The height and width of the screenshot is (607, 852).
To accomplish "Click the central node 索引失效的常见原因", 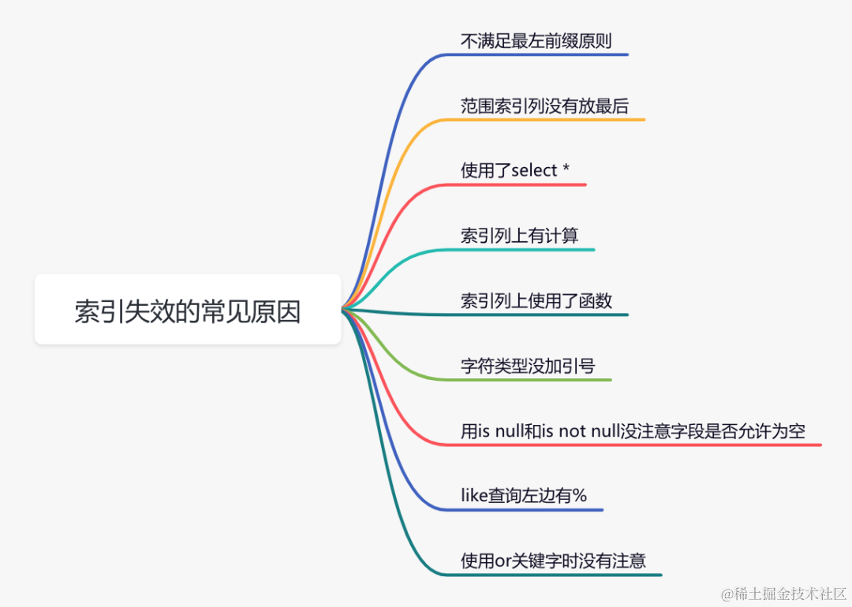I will [x=188, y=310].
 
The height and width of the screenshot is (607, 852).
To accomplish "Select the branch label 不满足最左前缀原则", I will [x=536, y=41].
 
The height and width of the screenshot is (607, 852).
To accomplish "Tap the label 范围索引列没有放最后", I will [x=544, y=106].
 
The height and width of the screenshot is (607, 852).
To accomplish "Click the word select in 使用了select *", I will [x=534, y=171].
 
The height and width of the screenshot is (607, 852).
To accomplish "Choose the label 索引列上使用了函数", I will [x=536, y=300].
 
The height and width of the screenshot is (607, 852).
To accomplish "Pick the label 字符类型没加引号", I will [x=528, y=366].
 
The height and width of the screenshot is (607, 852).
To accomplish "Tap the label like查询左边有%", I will [x=524, y=496].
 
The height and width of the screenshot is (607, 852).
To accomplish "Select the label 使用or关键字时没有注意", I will [x=553, y=560].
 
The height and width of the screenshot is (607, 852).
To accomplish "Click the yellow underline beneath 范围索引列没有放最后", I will [x=552, y=120].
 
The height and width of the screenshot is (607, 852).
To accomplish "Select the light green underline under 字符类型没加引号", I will [x=536, y=380].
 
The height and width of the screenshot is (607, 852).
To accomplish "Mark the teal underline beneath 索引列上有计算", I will [x=529, y=250].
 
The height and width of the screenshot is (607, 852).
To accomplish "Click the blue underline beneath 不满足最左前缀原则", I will [x=544, y=54].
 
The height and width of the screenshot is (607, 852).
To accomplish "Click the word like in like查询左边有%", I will [x=474, y=496].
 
